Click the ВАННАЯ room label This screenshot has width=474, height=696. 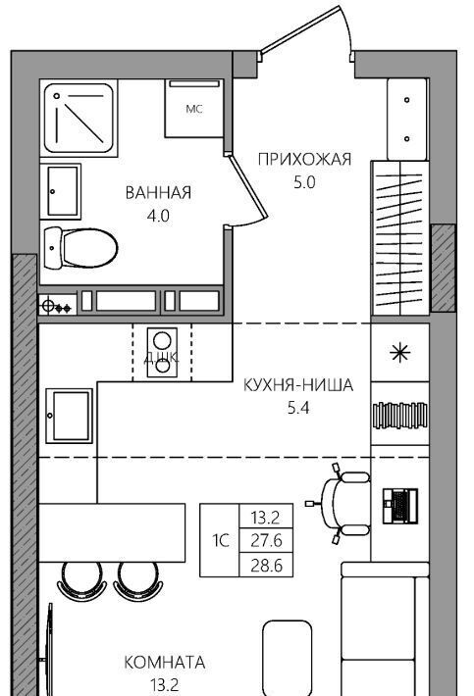pyautogui.click(x=158, y=193)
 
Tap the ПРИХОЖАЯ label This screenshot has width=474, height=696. pyautogui.click(x=304, y=159)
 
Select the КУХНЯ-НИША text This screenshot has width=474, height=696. pyautogui.click(x=298, y=385)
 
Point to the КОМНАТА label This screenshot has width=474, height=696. pyautogui.click(x=164, y=663)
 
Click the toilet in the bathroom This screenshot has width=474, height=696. pyautogui.click(x=80, y=248)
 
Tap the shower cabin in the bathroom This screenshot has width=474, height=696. pyautogui.click(x=79, y=118)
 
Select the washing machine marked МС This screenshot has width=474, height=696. pyautogui.click(x=193, y=109)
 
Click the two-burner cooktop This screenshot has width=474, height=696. pyautogui.click(x=162, y=353)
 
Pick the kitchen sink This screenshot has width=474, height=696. pyautogui.click(x=70, y=416)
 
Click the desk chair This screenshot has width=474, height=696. pyautogui.click(x=343, y=504)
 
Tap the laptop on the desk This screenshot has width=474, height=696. pyautogui.click(x=400, y=506)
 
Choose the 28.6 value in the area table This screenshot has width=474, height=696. pyautogui.click(x=266, y=566)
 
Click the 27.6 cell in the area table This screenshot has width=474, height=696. pyautogui.click(x=266, y=540)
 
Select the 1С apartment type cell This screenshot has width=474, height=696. pyautogui.click(x=221, y=540)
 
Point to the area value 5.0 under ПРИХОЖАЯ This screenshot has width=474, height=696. pyautogui.click(x=304, y=182)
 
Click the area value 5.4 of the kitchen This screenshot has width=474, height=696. pyautogui.click(x=298, y=408)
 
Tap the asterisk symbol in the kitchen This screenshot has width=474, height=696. pyautogui.click(x=399, y=353)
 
